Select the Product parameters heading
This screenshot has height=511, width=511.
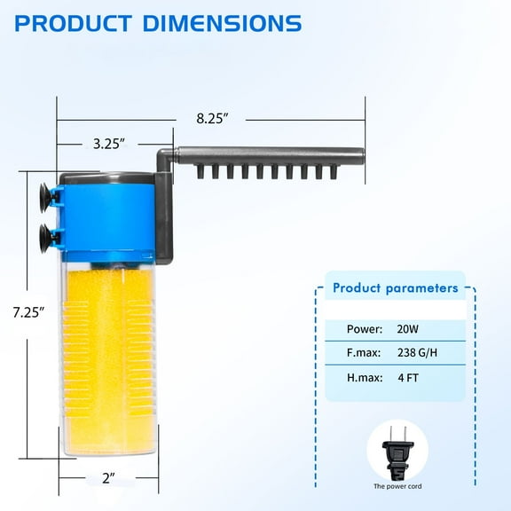click(396, 288)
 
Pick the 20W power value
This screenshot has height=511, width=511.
click(407, 328)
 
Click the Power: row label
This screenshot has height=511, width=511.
click(365, 328)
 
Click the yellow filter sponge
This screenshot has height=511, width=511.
click(106, 355)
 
